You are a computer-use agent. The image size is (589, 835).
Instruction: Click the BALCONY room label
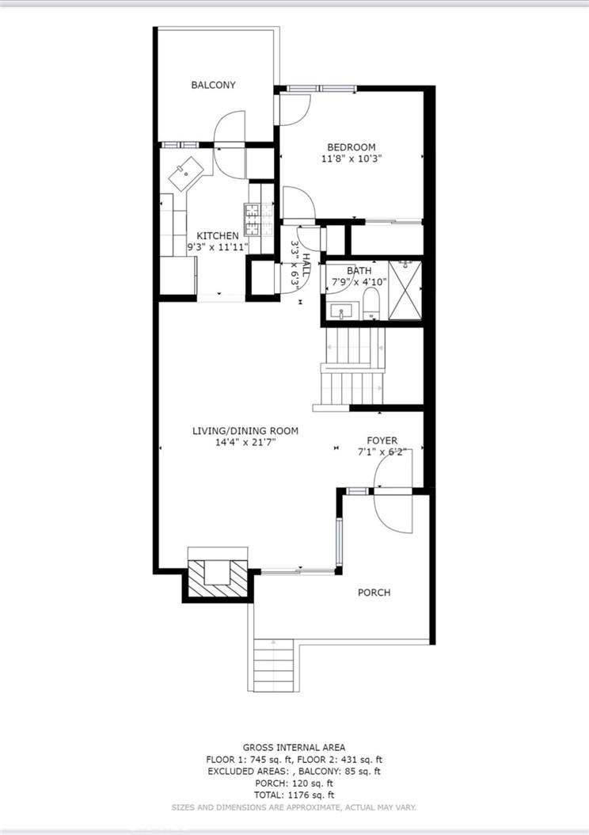pos(214,85)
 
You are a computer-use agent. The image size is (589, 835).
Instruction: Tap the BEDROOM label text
pos(351,147)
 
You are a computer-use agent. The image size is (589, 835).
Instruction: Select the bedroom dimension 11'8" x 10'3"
pos(351,158)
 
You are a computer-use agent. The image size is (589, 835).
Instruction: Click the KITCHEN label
pos(218,235)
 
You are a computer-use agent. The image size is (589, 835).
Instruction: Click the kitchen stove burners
pos(252,219)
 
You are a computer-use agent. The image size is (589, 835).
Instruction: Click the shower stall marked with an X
pos(405,290)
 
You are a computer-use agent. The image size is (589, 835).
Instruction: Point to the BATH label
pos(359,270)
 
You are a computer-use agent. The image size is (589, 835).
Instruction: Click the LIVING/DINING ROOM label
pos(245,431)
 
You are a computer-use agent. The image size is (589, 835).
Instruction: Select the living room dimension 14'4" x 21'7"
pos(245,442)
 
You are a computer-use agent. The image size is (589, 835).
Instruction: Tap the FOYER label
pos(382,440)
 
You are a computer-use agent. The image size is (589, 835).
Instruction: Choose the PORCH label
pos(374,592)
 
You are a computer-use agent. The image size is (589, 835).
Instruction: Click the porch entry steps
pos(273,665)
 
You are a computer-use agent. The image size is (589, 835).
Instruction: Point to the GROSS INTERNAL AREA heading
pos(294,748)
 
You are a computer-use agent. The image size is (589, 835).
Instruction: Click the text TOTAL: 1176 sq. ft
pos(294,795)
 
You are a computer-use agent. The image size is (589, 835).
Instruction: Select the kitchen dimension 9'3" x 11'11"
pos(218,247)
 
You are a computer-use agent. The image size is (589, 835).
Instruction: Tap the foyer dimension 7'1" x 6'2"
pos(382,452)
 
